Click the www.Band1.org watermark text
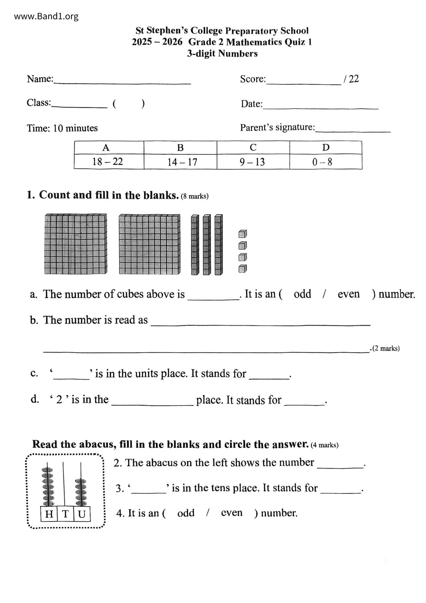coord(46,16)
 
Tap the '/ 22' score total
coord(351,79)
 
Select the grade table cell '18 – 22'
coord(108,162)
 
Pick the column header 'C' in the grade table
coord(253,147)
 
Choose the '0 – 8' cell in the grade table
coord(322,162)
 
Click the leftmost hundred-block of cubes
coord(76,244)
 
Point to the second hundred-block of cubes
coord(149,244)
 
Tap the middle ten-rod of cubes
coord(206,245)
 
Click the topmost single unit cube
coord(243,234)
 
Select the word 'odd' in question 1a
coord(302,294)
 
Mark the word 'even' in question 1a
coord(349,294)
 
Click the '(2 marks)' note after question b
coord(386,348)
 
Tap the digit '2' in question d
coord(59,400)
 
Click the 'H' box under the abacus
coord(49,514)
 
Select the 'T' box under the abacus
coord(65,514)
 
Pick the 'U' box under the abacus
coord(81,514)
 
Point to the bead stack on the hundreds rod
coord(48,486)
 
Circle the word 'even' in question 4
coord(232,513)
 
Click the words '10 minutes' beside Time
coord(76,128)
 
